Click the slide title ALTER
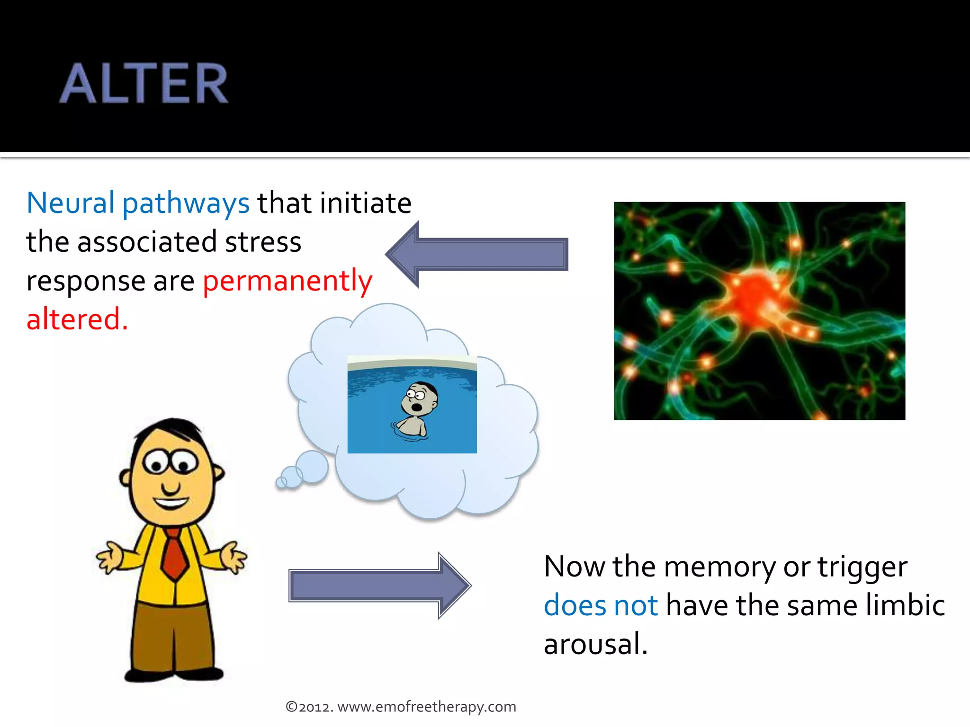144,84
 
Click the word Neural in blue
71,203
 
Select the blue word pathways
186,204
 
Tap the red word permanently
287,282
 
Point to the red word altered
77,319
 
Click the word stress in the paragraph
263,242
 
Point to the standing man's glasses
170,461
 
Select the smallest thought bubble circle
281,482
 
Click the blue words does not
601,605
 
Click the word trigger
862,567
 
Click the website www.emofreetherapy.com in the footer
426,707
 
